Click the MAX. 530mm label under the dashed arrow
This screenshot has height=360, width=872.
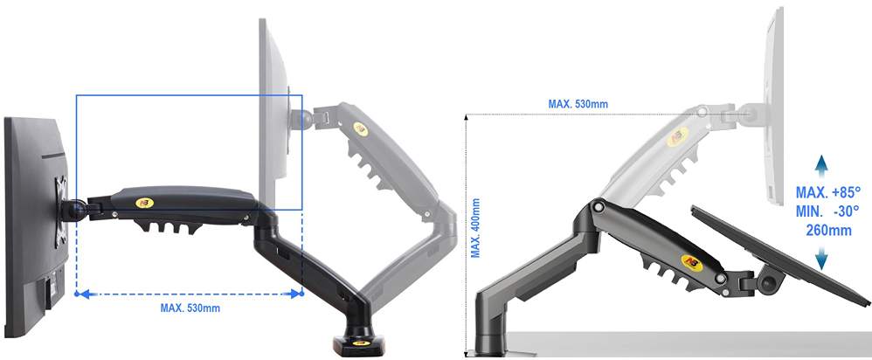click(x=190, y=308)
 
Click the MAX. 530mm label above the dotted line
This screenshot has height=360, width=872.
click(x=578, y=104)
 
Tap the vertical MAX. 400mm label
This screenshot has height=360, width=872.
click(x=475, y=228)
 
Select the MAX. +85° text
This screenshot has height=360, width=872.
click(x=827, y=193)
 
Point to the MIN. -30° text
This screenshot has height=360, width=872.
click(x=827, y=211)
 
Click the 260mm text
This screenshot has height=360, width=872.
click(x=828, y=230)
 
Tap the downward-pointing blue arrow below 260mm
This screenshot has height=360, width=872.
click(x=822, y=257)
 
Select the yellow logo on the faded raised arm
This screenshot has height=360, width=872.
click(x=360, y=128)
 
